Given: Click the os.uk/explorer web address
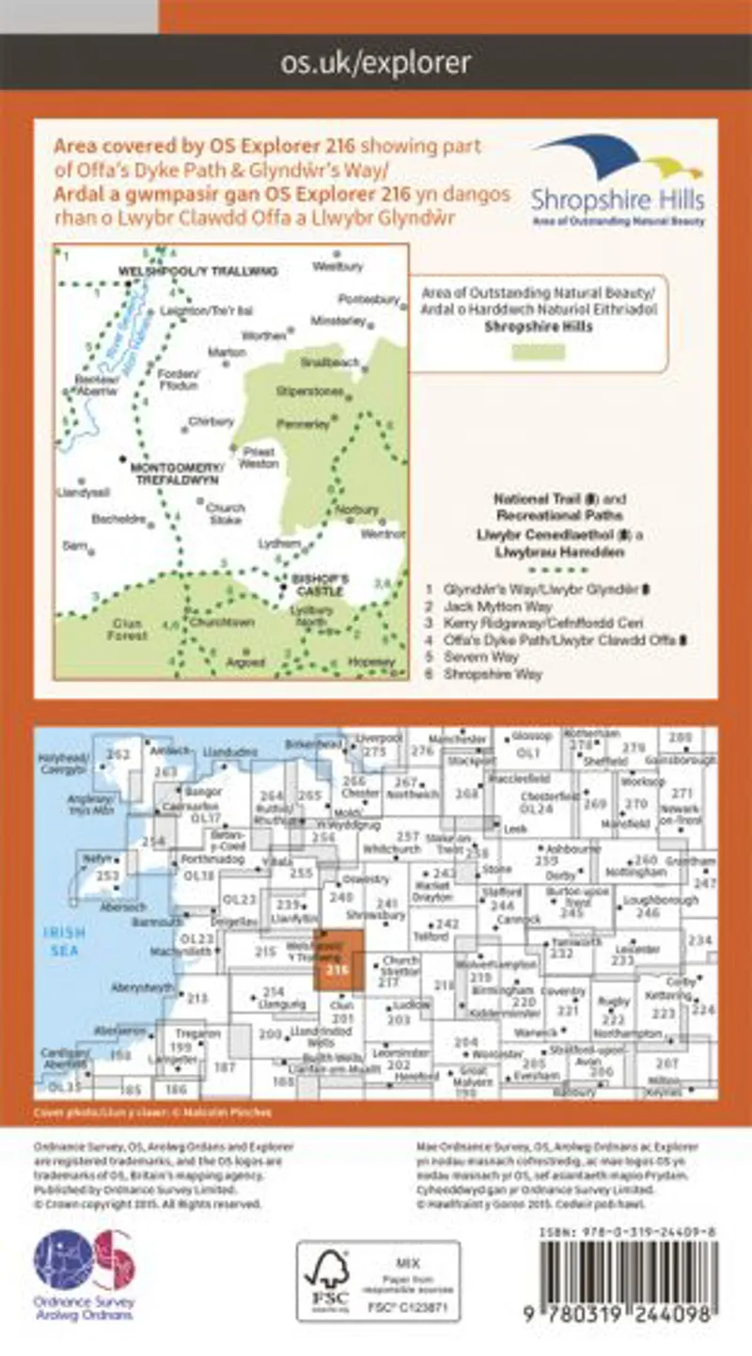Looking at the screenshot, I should click(x=376, y=63).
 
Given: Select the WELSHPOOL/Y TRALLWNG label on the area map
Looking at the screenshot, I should click(x=198, y=271).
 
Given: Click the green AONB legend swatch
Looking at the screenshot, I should click(x=538, y=353).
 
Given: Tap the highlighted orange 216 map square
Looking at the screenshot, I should click(x=336, y=959).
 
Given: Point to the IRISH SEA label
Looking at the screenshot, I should click(x=66, y=940).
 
